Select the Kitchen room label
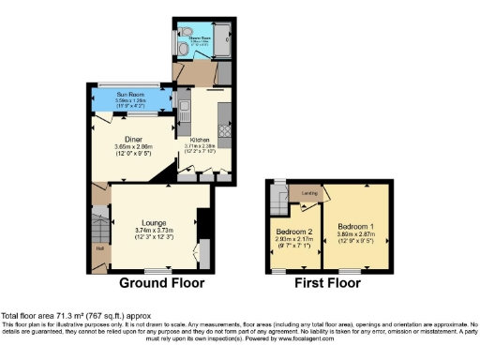click(x=199, y=138)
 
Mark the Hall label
click(x=99, y=248)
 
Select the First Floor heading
click(x=327, y=282)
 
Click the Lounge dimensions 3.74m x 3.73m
click(x=155, y=231)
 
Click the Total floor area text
click(x=75, y=316)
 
